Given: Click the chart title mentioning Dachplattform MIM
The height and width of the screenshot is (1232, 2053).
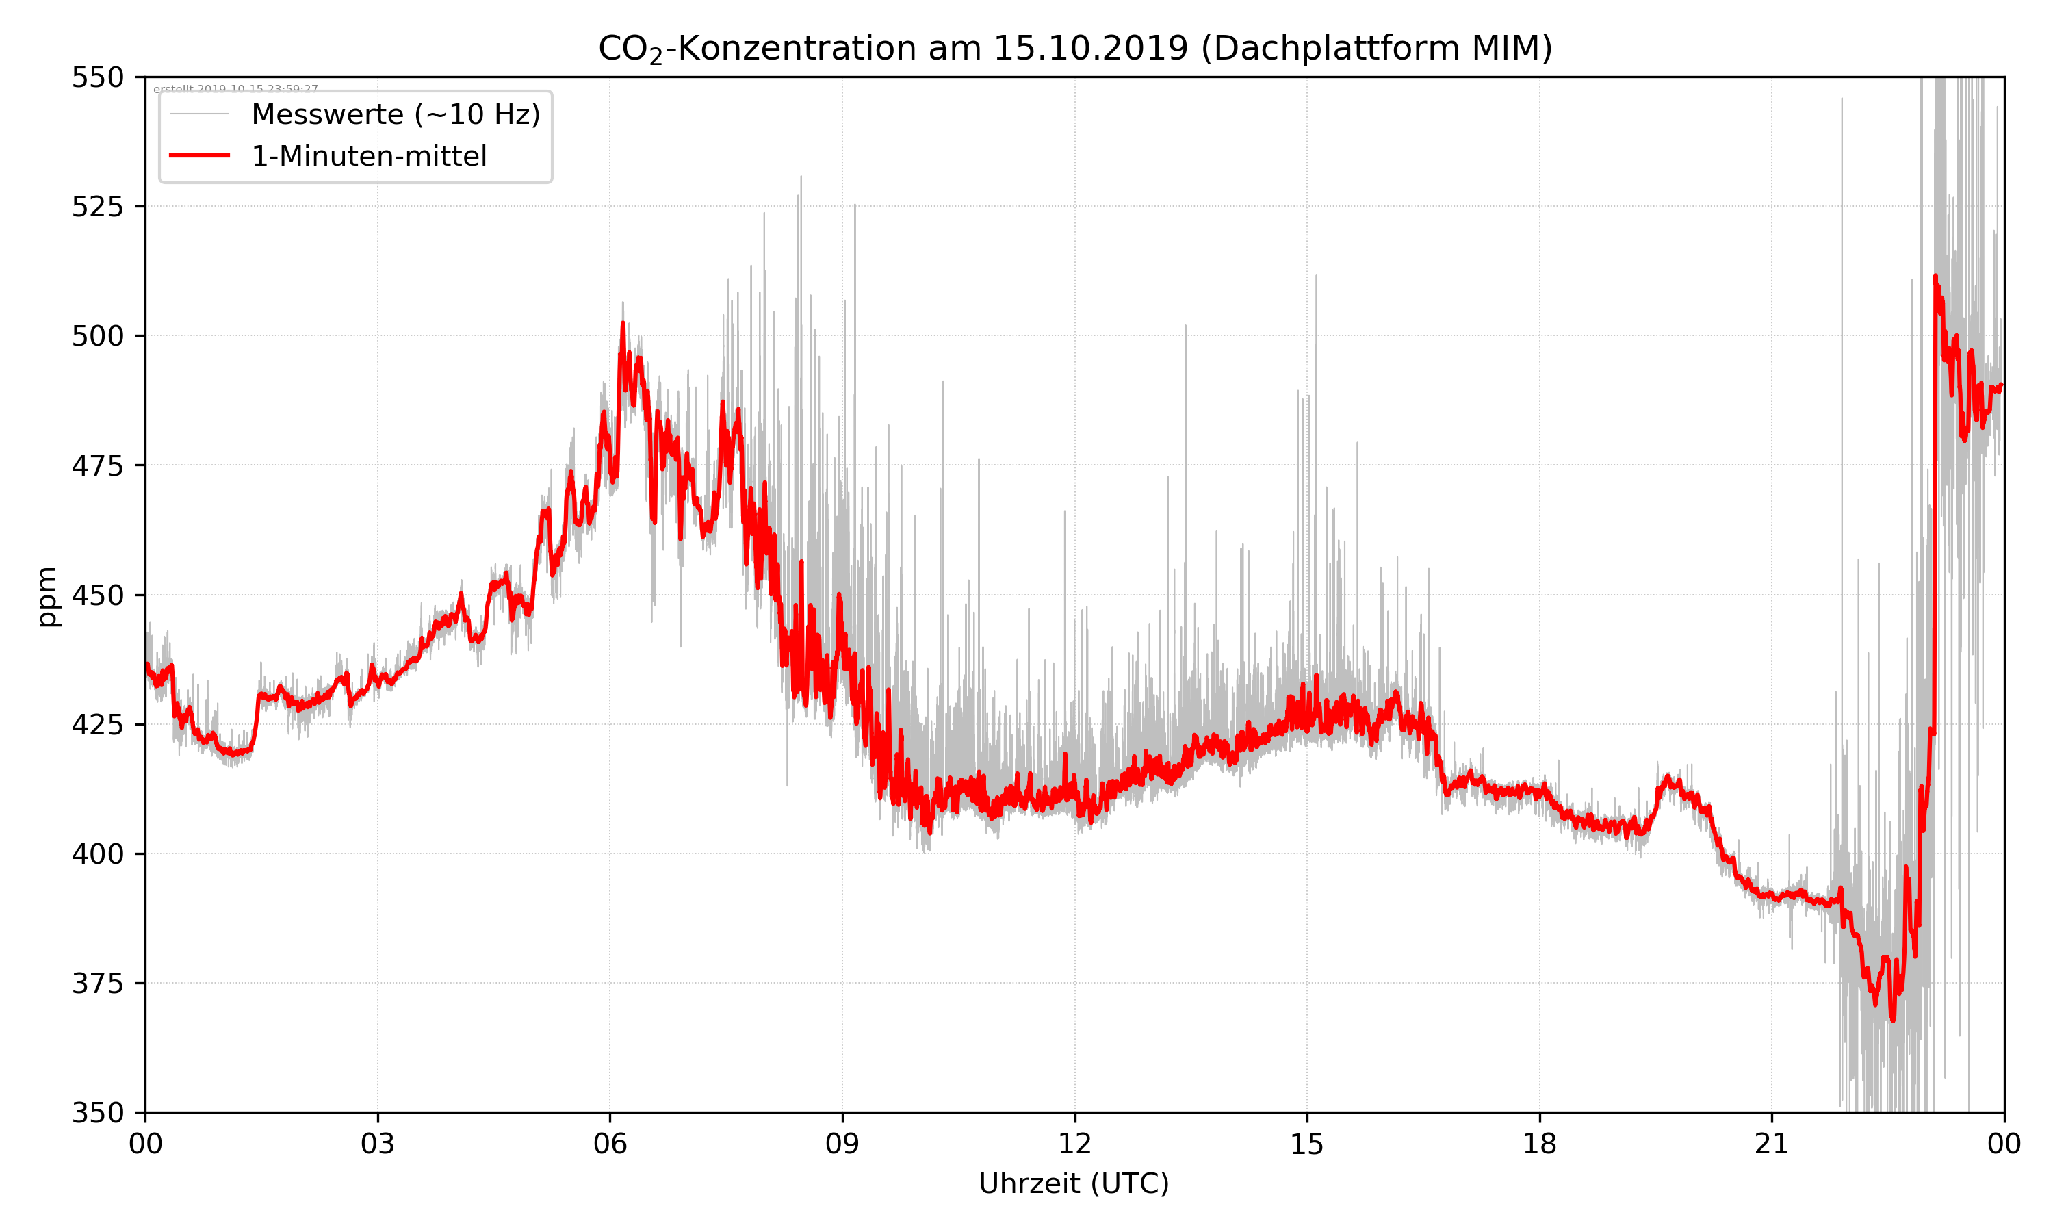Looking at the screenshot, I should tap(1074, 48).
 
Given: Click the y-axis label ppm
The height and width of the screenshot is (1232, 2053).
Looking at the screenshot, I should tap(47, 596).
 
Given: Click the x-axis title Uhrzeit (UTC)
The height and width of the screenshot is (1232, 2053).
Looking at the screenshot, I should tap(1074, 1183).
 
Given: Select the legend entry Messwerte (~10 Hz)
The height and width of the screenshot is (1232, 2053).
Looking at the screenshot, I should tap(395, 114).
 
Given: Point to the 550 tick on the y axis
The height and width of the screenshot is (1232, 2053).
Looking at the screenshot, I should tap(97, 77).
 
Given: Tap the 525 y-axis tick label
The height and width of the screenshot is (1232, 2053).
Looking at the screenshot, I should tap(97, 207).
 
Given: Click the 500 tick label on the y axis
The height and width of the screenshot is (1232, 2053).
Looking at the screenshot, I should tap(97, 336).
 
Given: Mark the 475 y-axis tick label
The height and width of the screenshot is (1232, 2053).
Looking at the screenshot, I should tap(97, 465).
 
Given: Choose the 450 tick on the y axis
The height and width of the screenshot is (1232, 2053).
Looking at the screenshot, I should tap(97, 595).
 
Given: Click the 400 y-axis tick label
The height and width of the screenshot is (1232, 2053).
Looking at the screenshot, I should tap(97, 854).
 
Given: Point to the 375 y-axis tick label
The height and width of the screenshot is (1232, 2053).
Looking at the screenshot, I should tap(97, 984).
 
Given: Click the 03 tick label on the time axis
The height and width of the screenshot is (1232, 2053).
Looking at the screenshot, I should tap(378, 1144).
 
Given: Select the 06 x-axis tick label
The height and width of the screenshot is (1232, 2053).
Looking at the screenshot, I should tap(610, 1144).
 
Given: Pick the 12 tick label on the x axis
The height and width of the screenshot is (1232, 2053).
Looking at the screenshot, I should tap(1074, 1144).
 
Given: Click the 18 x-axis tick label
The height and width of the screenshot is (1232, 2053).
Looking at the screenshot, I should tap(1539, 1144).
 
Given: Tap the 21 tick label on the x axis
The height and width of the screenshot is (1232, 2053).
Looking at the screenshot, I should tap(1772, 1144).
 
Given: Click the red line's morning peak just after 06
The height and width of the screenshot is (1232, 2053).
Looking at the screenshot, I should tap(623, 324).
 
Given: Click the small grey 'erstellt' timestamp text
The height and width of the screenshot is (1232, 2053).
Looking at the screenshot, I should tap(235, 89).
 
